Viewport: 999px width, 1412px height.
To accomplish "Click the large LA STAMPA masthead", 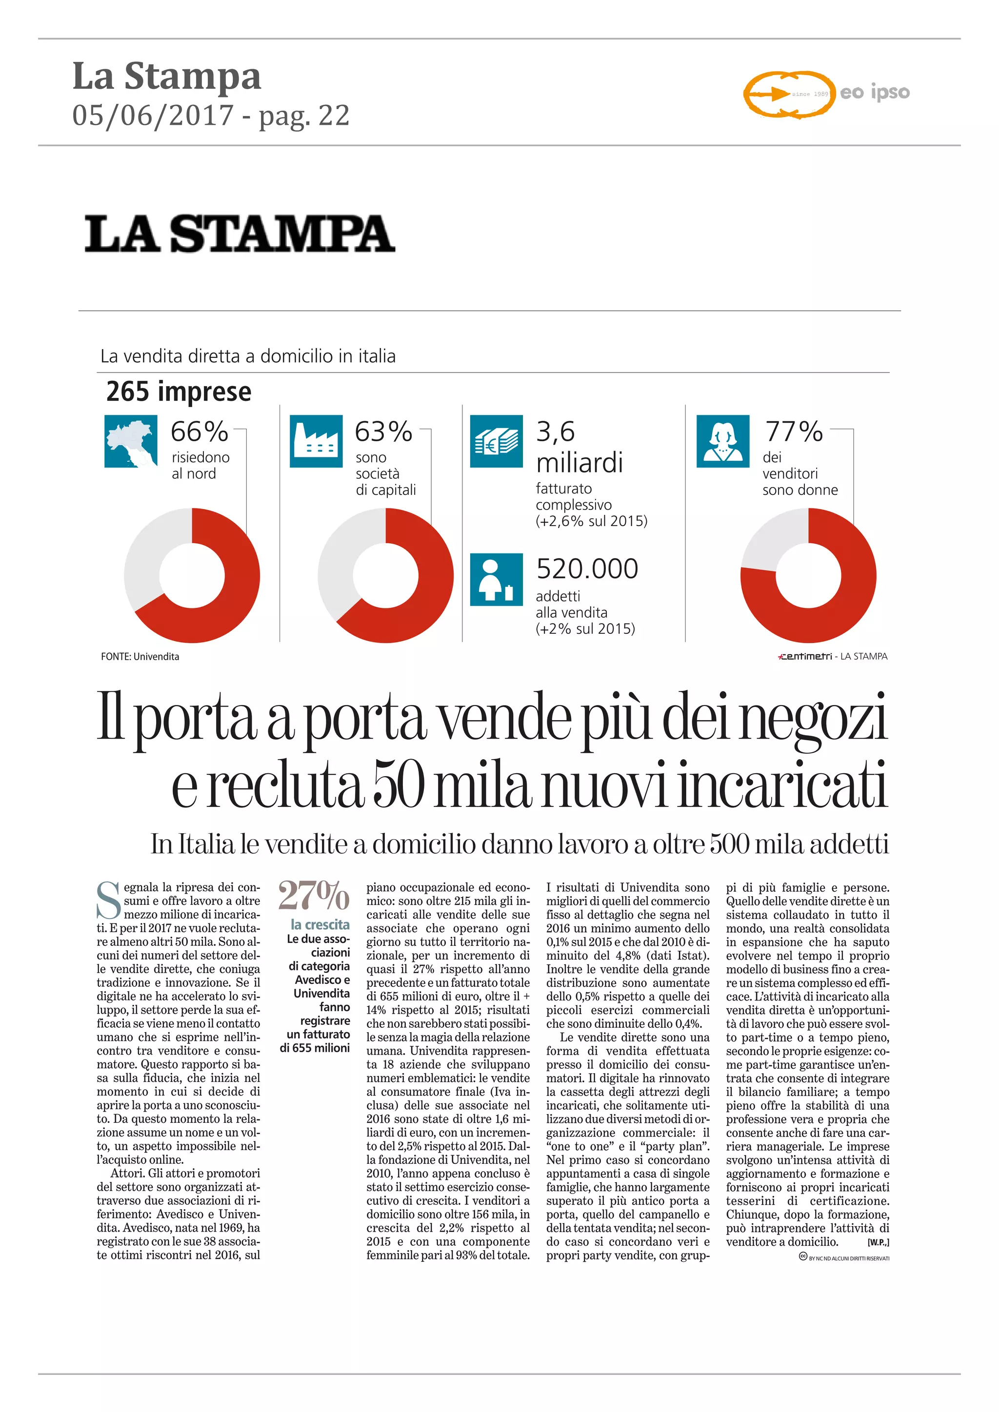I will [x=240, y=234].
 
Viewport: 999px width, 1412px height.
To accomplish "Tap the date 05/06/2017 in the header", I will [x=153, y=116].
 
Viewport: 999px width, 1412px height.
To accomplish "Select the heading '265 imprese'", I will [x=179, y=392].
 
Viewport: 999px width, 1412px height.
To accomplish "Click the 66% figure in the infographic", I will [x=200, y=431].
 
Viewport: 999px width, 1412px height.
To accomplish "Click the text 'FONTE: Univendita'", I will [x=140, y=657].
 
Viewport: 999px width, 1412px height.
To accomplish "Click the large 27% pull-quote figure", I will [x=314, y=896].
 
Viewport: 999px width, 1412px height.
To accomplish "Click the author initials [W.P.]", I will [x=878, y=1242].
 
